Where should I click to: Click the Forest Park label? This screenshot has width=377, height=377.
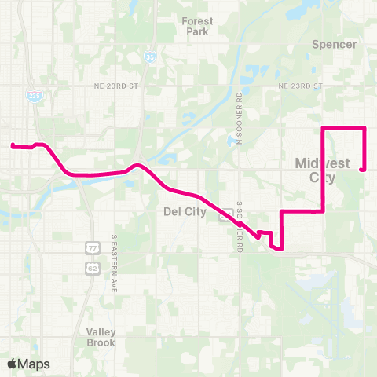[x=196, y=27]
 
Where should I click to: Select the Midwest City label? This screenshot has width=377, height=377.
[x=317, y=170]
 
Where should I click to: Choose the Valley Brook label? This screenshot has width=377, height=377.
[x=101, y=337]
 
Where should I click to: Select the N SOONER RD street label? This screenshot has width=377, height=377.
[x=240, y=118]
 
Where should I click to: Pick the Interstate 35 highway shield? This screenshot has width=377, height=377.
[x=149, y=57]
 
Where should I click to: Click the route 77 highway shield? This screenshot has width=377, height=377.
[x=91, y=248]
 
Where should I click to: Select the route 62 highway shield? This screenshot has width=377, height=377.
[x=91, y=267]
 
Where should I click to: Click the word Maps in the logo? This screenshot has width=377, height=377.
[x=35, y=364]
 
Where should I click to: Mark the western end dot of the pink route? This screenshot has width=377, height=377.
[x=12, y=145]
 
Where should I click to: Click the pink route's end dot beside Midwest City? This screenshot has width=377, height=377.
[x=361, y=168]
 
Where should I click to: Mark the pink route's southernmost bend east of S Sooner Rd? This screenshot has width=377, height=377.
[x=280, y=250]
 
